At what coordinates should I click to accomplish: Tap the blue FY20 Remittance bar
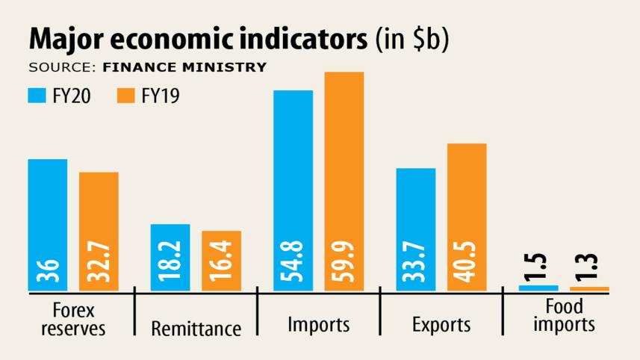click(x=170, y=246)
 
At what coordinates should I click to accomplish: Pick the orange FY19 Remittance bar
click(x=221, y=250)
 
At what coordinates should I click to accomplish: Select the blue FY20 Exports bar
click(x=416, y=217)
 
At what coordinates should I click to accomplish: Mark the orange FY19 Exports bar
click(x=467, y=202)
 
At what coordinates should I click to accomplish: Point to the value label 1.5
click(x=538, y=267)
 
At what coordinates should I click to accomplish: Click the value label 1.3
click(x=590, y=267)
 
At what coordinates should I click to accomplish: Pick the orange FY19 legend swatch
click(x=126, y=96)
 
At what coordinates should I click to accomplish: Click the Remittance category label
click(x=196, y=329)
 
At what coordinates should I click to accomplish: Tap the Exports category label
click(x=441, y=326)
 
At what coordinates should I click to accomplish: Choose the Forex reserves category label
click(x=72, y=319)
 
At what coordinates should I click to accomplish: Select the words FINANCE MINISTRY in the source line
click(x=184, y=67)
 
